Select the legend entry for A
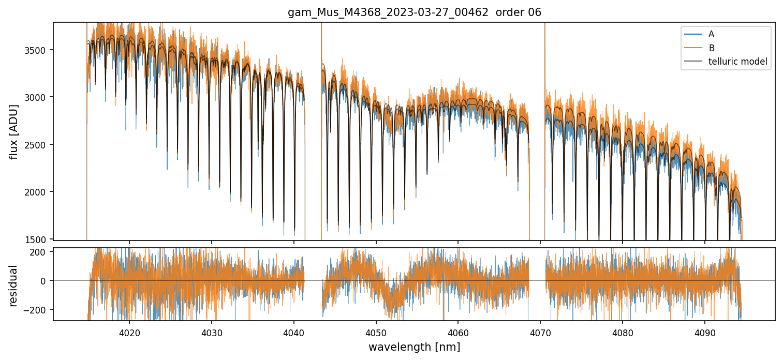point(711,34)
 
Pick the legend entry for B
point(711,48)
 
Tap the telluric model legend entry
point(737,62)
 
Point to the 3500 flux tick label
point(37,50)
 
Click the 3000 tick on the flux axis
point(37,97)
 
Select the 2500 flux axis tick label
point(37,145)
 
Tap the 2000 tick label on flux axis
point(37,192)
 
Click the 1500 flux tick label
point(37,239)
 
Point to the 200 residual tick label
point(40,252)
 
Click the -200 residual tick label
point(38,309)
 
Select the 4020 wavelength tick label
point(129,332)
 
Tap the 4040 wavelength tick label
point(294,332)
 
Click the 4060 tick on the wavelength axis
point(458,332)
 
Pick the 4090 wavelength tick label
point(705,332)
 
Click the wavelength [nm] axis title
point(414,347)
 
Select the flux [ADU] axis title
point(14,131)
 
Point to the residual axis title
point(14,285)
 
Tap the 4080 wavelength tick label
point(623,332)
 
